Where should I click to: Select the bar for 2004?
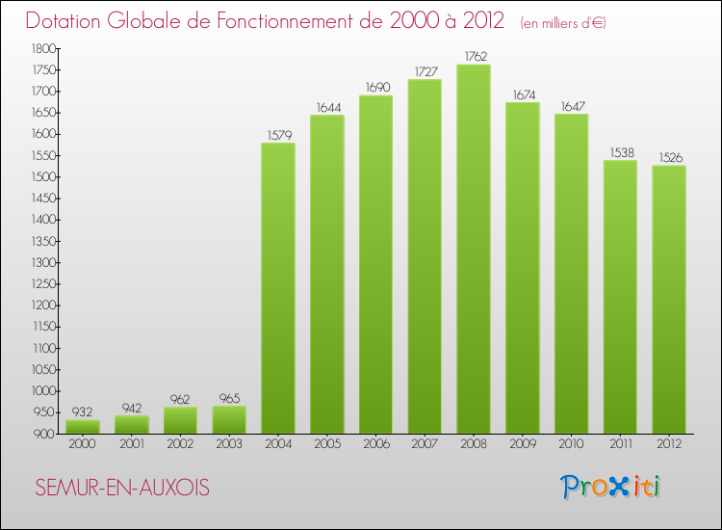tap(278, 288)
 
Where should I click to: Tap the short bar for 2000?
tap(83, 426)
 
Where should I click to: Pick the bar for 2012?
tap(669, 300)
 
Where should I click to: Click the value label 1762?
tap(474, 56)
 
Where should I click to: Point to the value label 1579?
tap(278, 134)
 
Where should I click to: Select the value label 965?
tap(229, 397)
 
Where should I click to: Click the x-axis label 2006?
tap(375, 444)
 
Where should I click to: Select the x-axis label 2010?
tap(571, 444)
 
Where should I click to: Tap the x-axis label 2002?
tap(180, 444)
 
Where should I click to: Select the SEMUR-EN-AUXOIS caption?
tap(121, 488)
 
